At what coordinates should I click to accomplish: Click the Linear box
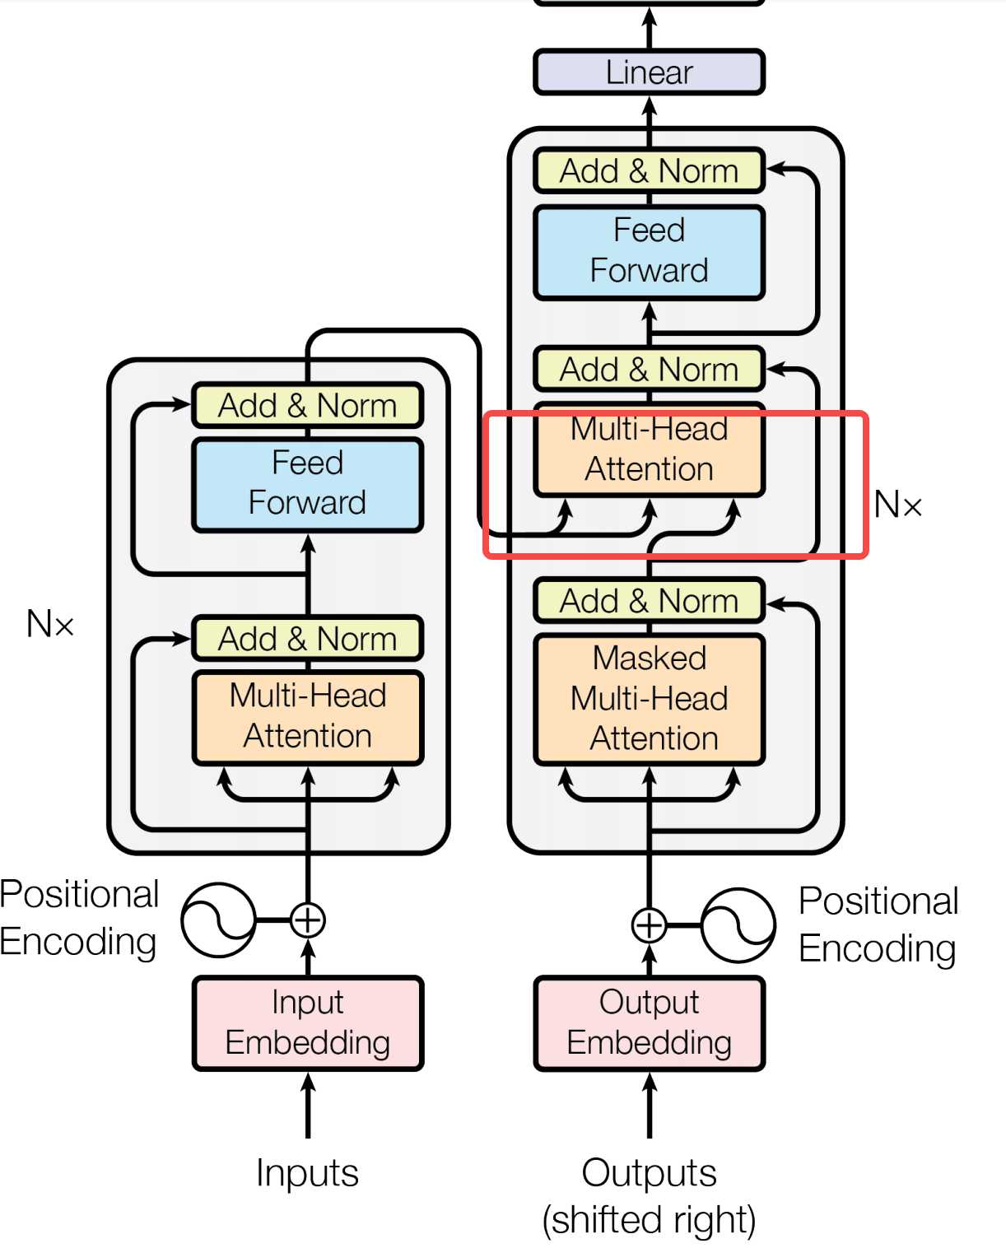tap(649, 72)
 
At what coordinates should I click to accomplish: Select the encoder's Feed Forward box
tap(308, 485)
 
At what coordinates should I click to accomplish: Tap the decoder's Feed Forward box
tap(649, 252)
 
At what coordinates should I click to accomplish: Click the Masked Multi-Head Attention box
tap(649, 700)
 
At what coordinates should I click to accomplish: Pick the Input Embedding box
tap(308, 1023)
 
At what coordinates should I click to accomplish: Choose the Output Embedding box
tap(649, 1023)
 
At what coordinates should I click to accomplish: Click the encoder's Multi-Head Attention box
tap(308, 717)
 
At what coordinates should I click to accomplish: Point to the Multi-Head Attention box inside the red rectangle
tap(649, 450)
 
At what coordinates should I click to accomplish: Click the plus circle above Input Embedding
tap(308, 920)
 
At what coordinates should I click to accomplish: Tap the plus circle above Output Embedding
tap(649, 925)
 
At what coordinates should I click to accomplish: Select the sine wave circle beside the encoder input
tap(218, 920)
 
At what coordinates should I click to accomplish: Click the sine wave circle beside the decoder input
tap(738, 925)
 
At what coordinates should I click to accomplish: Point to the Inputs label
tap(308, 1173)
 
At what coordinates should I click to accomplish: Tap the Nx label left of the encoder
tap(50, 624)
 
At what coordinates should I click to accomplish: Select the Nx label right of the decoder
tap(897, 504)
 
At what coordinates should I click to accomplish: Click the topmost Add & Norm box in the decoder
tap(649, 170)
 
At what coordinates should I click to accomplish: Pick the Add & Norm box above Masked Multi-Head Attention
tap(649, 600)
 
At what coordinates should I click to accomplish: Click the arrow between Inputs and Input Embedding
tap(308, 1105)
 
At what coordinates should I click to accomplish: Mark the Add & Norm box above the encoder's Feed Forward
tap(308, 405)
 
